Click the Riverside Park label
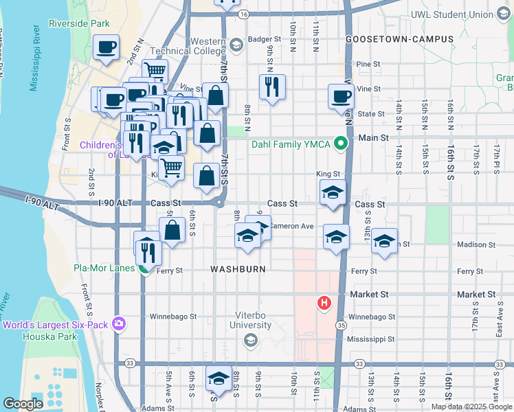tap(80, 23)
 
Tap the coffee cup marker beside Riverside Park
tap(106, 49)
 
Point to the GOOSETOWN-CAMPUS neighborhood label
tap(399, 39)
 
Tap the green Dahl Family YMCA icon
tap(339, 144)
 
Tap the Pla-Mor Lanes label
tap(104, 268)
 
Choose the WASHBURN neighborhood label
tap(238, 269)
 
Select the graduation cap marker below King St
tap(332, 192)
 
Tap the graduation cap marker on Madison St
tap(385, 242)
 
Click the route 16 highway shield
tap(243, 13)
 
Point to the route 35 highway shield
tap(341, 323)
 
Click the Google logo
tap(23, 404)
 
